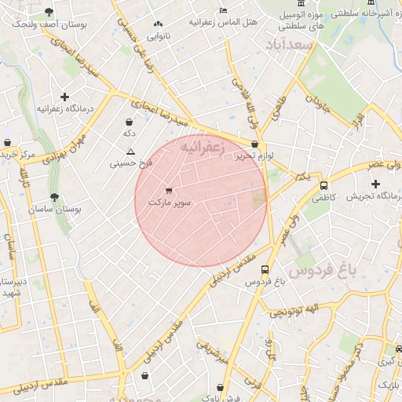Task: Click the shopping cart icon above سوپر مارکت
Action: coord(168,191)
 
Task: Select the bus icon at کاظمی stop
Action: coord(323,186)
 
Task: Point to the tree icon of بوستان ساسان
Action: coord(54,198)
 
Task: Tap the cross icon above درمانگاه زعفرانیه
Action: coord(64,97)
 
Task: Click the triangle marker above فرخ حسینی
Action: coord(130,152)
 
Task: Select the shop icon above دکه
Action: coord(129,122)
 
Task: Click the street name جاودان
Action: coord(316,103)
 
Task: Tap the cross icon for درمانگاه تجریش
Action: coord(375,183)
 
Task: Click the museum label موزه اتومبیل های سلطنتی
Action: coord(306,21)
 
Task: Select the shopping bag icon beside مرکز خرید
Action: coord(8,143)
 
